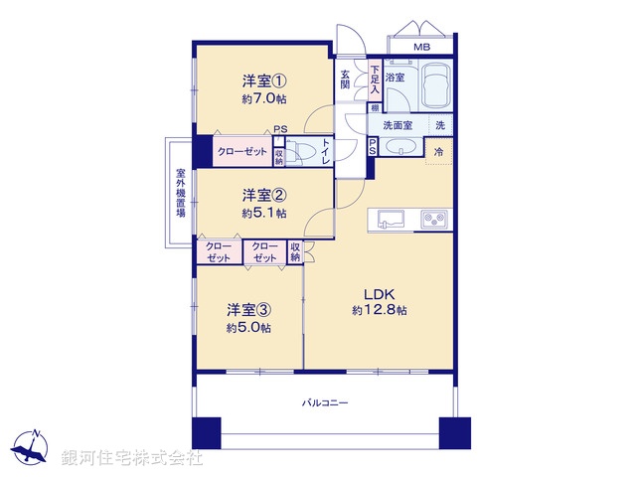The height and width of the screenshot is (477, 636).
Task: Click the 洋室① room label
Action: click(x=262, y=81)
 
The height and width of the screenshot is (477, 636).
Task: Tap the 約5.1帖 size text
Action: click(x=262, y=213)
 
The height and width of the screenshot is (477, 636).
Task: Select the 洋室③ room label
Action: click(x=248, y=309)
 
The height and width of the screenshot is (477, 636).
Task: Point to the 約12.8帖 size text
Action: click(x=379, y=310)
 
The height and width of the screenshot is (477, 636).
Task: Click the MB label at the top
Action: click(x=421, y=47)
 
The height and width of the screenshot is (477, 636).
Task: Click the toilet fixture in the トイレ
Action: click(x=303, y=152)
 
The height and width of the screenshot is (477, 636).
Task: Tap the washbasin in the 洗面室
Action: click(x=400, y=147)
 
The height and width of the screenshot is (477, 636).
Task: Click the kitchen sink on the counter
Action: click(x=389, y=219)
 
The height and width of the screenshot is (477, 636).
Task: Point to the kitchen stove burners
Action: click(x=433, y=219)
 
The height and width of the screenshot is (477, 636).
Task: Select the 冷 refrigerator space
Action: click(x=438, y=151)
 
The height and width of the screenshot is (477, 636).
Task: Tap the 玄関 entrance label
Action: click(x=346, y=79)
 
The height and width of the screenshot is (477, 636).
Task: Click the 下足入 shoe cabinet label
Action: click(x=374, y=79)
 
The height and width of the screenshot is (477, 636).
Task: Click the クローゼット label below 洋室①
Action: click(x=242, y=152)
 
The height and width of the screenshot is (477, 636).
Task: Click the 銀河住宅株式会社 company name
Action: click(x=131, y=458)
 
